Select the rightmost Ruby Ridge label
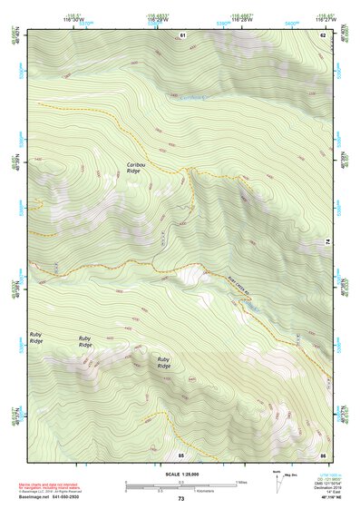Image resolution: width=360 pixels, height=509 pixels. tap(165, 362)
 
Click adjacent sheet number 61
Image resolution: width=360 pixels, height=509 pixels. tap(182, 34)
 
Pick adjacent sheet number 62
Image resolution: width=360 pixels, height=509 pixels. tap(322, 34)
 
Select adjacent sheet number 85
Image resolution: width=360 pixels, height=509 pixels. tap(181, 454)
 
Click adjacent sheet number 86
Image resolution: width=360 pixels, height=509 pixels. tap(322, 454)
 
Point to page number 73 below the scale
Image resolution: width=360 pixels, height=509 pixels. tap(180, 499)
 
